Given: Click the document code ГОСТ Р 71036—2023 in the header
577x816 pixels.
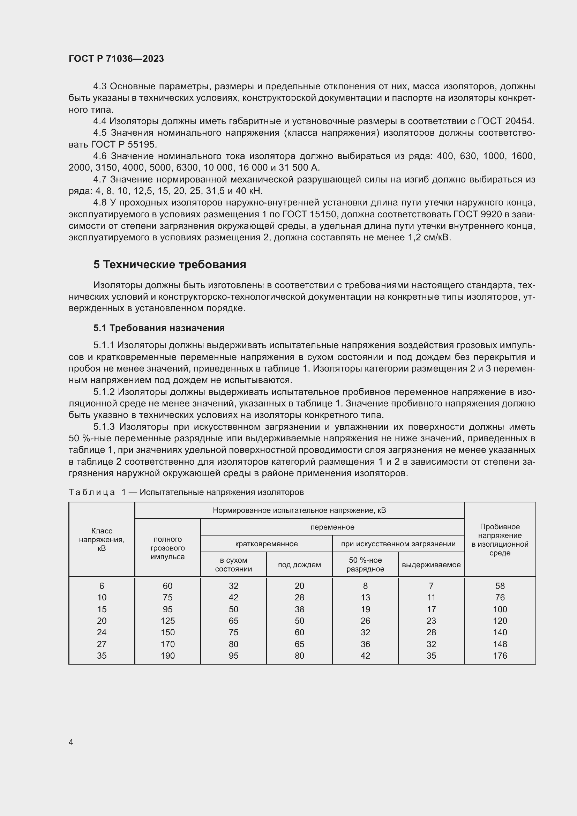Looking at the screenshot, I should coord(116,59).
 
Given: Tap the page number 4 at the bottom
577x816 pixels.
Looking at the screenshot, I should coord(71,742).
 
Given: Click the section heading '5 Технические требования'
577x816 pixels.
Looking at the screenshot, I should coord(170,265).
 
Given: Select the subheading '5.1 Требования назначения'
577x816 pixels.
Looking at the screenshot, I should coord(159,328).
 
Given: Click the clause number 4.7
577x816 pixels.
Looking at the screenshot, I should coord(100,179).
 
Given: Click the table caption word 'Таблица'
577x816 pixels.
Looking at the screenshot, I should coord(92,492).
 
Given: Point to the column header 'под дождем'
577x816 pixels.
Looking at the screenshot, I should coord(299,565).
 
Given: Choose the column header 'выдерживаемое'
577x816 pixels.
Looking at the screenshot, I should coord(431,565).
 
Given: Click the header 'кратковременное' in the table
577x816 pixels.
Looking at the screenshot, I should coord(267,544).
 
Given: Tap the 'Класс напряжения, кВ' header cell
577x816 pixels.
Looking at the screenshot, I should coord(102,539).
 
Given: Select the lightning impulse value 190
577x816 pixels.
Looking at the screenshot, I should coord(168,656).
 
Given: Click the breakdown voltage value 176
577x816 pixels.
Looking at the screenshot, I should coord(500,656).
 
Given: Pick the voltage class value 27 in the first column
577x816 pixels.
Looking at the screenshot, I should coord(102,644).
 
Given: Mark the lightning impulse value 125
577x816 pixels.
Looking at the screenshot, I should coord(168,621).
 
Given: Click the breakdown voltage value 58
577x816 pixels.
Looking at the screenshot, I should coord(500,586).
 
